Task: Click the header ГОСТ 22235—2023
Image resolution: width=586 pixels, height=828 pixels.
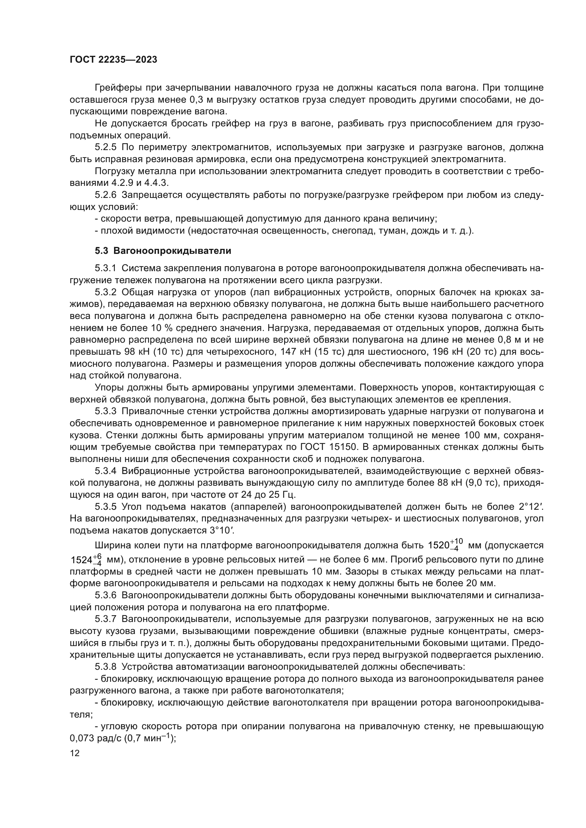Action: pyautogui.click(x=113, y=60)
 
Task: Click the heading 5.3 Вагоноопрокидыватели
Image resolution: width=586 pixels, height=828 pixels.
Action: pyautogui.click(x=163, y=251)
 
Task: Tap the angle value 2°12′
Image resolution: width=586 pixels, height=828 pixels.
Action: pyautogui.click(x=531, y=507)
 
